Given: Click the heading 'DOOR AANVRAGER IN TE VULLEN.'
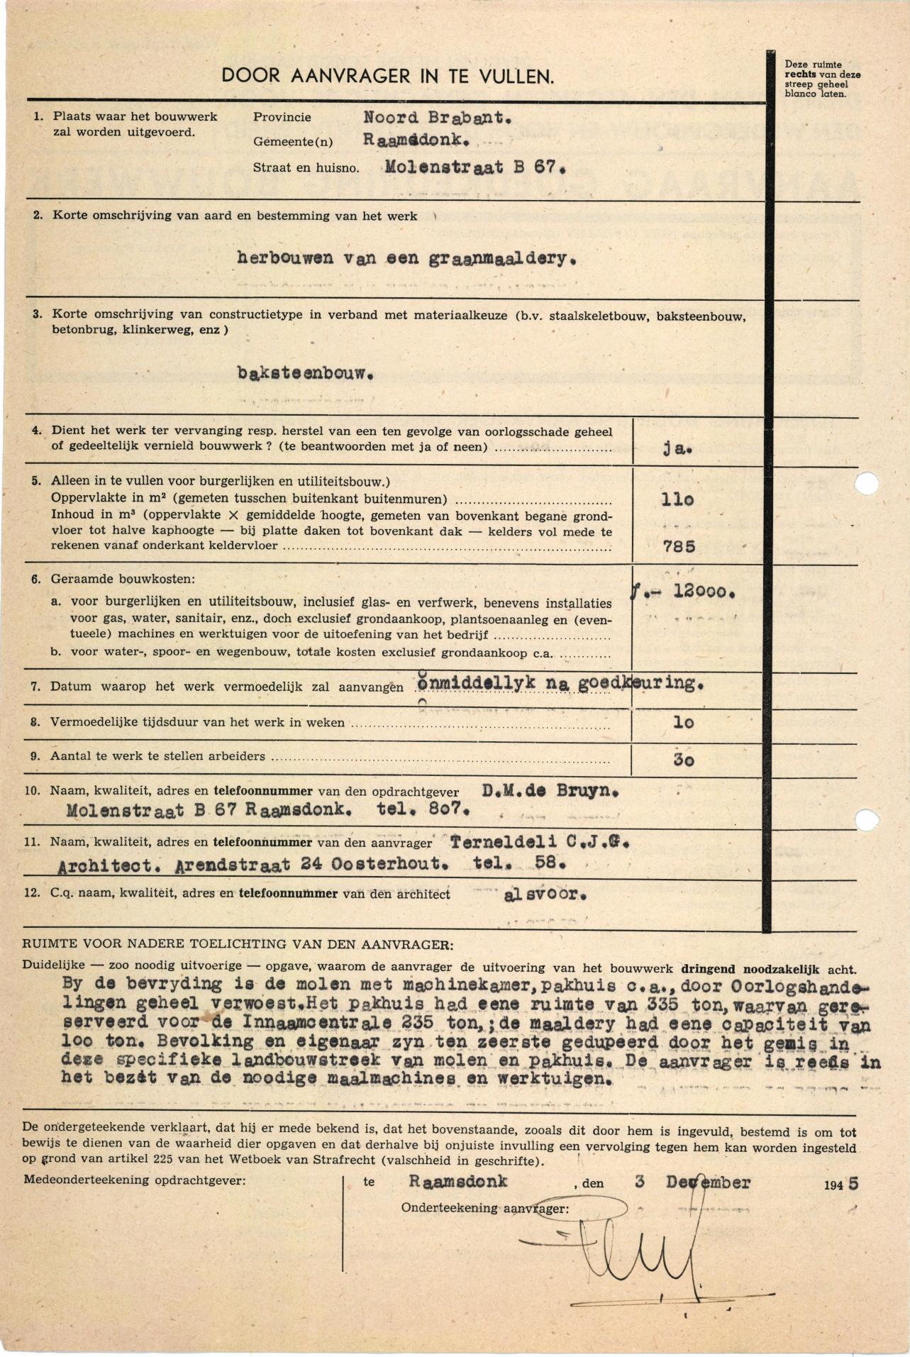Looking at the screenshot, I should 387,77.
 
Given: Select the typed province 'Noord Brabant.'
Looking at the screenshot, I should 437,118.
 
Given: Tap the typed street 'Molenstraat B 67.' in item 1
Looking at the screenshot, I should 475,168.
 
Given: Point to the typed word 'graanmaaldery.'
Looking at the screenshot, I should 502,258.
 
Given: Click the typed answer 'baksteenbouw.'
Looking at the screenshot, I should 306,373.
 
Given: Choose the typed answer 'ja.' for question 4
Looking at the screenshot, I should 677,448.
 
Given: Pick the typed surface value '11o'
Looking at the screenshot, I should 677,500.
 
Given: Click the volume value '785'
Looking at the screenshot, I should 679,546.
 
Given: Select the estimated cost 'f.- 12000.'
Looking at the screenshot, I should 682,591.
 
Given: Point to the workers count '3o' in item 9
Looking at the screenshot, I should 683,760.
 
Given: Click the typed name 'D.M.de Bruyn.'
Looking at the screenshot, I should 550,791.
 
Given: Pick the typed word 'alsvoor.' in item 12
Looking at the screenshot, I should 545,894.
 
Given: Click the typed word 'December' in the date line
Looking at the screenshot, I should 708,1182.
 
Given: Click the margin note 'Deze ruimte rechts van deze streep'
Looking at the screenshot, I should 822,79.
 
